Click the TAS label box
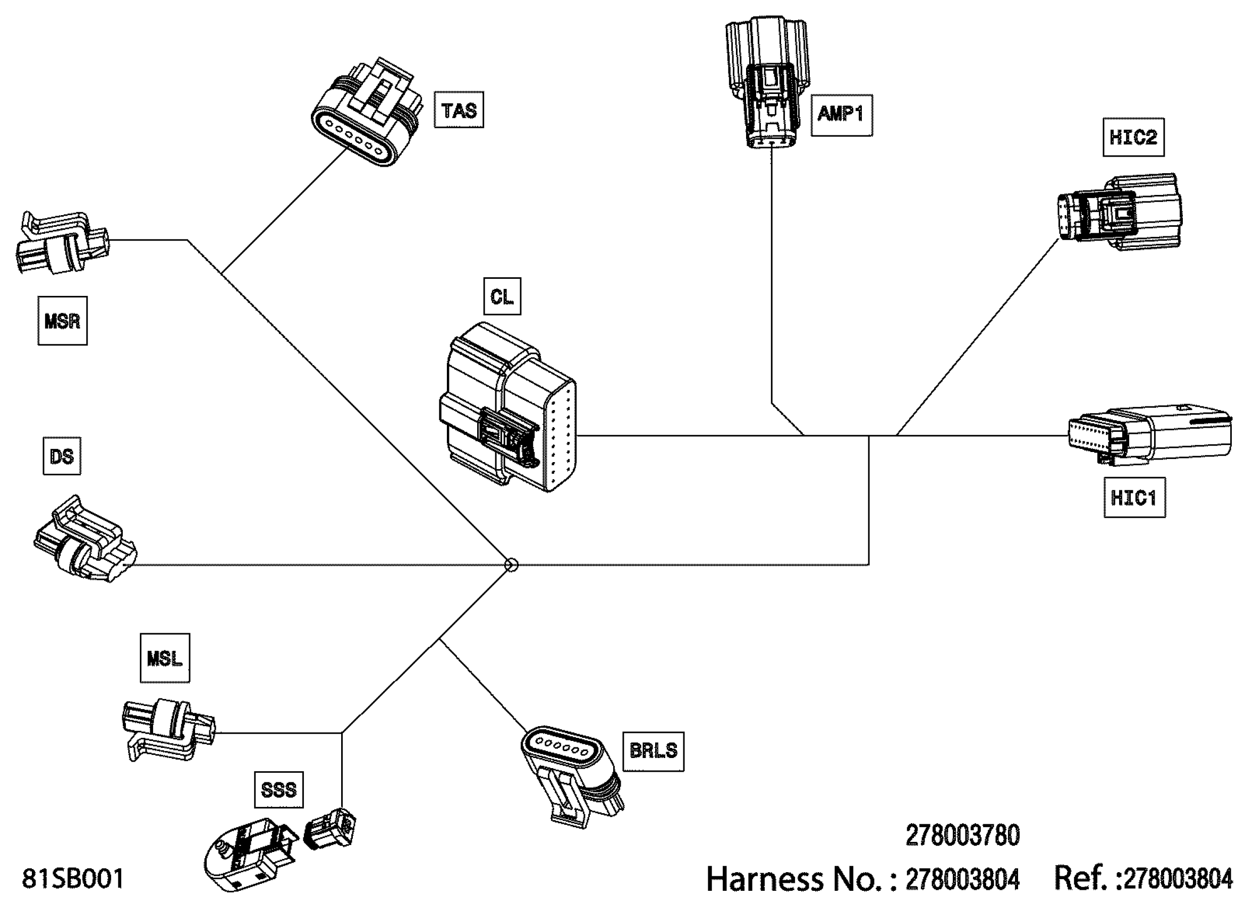(459, 110)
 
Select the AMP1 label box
(842, 115)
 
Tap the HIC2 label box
(1133, 137)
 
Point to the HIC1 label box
(1134, 498)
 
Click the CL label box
(502, 297)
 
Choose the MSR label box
(63, 321)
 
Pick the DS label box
(62, 456)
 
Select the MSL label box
(165, 658)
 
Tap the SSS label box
(279, 790)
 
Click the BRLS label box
(653, 752)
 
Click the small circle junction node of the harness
(511, 565)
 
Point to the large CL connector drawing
(508, 407)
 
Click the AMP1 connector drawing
(767, 82)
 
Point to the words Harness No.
(801, 879)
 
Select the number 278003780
(963, 836)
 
